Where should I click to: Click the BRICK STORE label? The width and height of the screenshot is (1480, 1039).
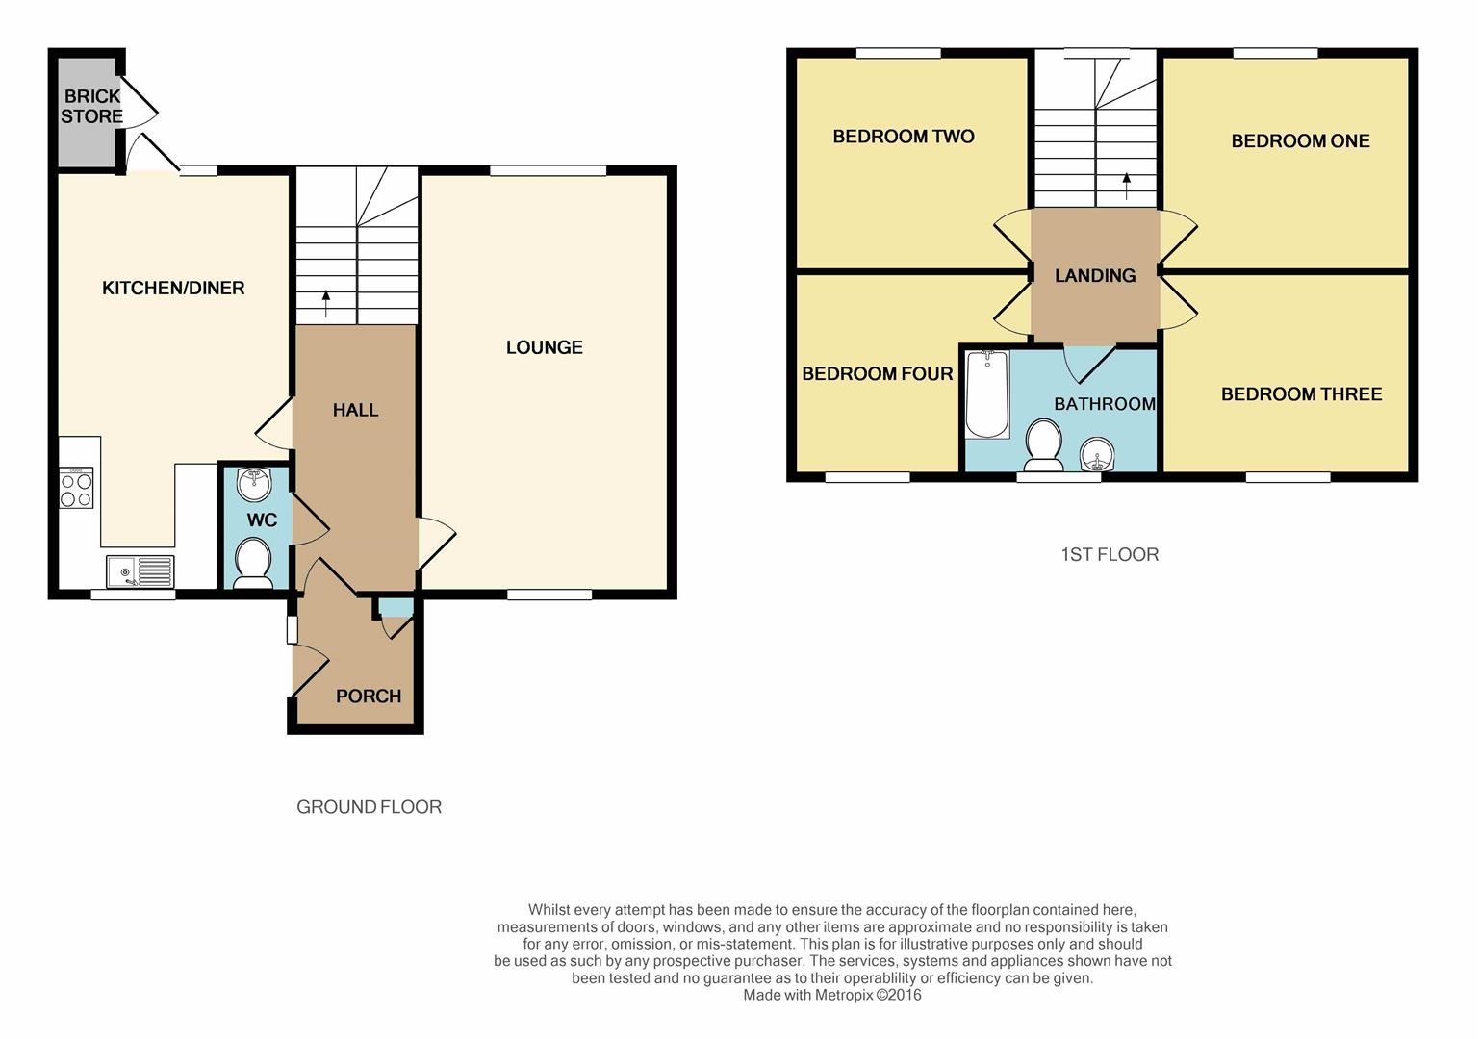[91, 107]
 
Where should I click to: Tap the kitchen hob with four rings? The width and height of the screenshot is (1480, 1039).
[76, 488]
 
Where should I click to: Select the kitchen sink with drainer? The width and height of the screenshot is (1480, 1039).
[140, 571]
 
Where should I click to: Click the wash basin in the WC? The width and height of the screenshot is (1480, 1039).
[254, 484]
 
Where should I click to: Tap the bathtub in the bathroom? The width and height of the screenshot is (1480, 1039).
[987, 393]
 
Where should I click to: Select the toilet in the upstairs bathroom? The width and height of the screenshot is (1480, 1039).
[1044, 444]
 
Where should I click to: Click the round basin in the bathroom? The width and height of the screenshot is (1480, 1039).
[1097, 455]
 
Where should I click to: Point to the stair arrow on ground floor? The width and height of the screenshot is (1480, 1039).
[325, 304]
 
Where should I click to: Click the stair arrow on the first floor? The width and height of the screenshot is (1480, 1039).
[1127, 187]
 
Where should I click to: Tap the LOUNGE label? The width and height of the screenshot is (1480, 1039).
[545, 347]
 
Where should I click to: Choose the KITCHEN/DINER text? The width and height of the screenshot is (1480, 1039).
[173, 288]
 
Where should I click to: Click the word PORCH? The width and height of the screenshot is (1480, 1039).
[369, 697]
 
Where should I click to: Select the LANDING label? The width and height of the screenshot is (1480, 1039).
[1095, 275]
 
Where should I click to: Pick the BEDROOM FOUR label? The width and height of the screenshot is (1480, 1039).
[878, 374]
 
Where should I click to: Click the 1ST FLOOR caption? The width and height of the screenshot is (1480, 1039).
[1110, 554]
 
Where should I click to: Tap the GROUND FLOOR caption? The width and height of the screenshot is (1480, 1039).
[369, 806]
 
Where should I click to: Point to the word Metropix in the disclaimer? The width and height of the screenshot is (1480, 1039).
[844, 995]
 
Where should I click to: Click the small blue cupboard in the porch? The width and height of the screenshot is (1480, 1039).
[396, 607]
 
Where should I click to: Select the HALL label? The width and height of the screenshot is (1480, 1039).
[355, 410]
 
